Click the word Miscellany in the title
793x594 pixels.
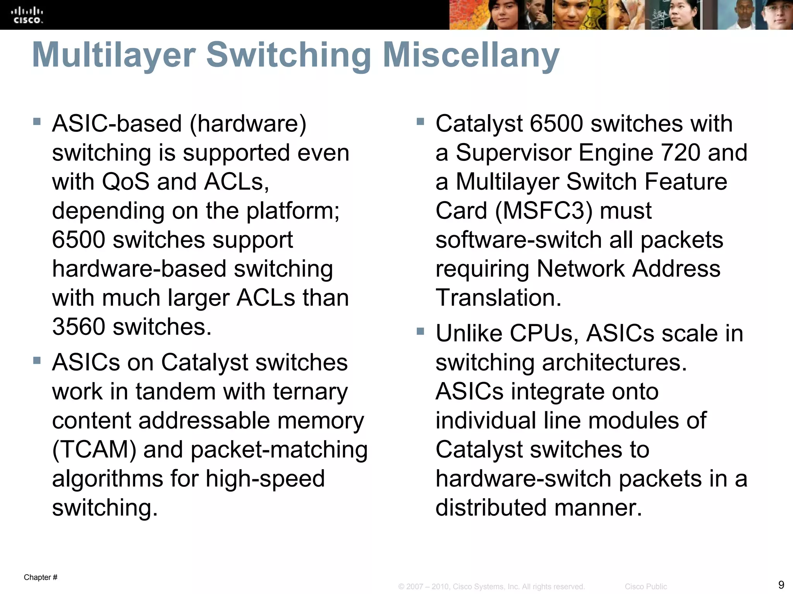coord(471,55)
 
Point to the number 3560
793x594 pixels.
coord(79,327)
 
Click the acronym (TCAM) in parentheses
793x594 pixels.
coord(94,450)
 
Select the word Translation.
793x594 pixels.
coord(498,298)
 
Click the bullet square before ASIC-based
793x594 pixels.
coord(37,122)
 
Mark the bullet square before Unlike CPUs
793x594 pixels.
coord(421,331)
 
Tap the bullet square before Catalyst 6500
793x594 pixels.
coord(421,122)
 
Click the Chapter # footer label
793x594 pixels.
coord(41,577)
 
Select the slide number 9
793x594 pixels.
coord(781,584)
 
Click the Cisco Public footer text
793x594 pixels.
coord(646,587)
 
